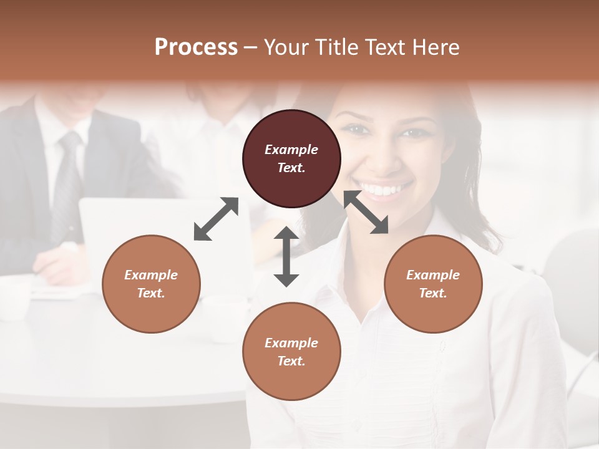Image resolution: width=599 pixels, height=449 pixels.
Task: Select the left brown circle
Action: pyautogui.click(x=151, y=284)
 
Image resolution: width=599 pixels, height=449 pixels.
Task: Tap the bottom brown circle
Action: pyautogui.click(x=291, y=351)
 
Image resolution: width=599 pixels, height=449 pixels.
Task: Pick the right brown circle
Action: pyautogui.click(x=432, y=284)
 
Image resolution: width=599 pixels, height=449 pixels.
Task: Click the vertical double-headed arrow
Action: pyautogui.click(x=286, y=256)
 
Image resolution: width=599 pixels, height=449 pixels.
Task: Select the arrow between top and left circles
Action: pyautogui.click(x=216, y=219)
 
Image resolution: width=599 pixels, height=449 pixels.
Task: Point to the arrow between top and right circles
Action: pyautogui.click(x=366, y=213)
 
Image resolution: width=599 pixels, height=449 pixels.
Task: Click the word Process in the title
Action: pyautogui.click(x=196, y=47)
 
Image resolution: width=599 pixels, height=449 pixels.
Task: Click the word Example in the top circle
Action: pyautogui.click(x=291, y=150)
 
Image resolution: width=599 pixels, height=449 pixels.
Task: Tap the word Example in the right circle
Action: pyautogui.click(x=432, y=275)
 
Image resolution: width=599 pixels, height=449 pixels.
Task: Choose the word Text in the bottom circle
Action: pyautogui.click(x=290, y=361)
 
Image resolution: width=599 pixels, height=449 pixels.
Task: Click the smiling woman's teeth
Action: pyautogui.click(x=385, y=188)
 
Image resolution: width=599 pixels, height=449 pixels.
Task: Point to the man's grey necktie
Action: pyautogui.click(x=67, y=181)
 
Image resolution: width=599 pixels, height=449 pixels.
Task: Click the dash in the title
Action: pyautogui.click(x=251, y=47)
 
